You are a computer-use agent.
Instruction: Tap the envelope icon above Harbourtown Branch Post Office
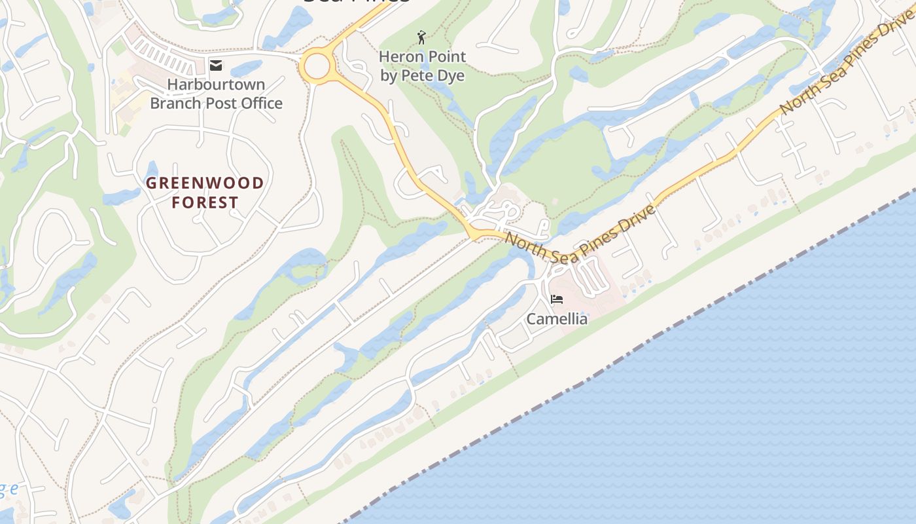[216, 65]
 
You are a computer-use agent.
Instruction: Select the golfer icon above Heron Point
[421, 37]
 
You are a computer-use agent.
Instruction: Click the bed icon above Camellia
[557, 299]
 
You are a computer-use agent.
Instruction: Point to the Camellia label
[557, 319]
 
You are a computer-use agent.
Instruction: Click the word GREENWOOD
[205, 183]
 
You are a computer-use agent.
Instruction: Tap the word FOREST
[205, 202]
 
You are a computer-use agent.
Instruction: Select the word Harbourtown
[216, 84]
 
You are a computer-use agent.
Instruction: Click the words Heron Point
[423, 57]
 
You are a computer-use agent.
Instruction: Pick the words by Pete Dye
[423, 75]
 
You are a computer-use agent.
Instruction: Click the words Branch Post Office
[216, 103]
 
